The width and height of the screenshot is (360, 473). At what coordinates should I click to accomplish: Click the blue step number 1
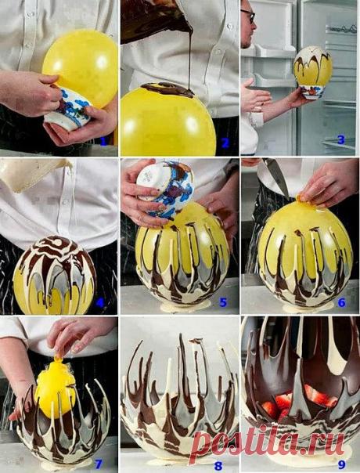click(104, 141)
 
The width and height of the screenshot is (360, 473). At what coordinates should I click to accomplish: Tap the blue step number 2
click(225, 143)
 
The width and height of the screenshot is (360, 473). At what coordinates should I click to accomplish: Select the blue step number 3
click(341, 140)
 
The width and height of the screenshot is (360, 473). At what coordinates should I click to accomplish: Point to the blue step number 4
click(100, 302)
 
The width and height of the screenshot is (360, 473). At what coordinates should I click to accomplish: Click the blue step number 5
click(223, 302)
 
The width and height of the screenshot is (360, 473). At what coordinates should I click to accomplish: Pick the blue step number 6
click(341, 302)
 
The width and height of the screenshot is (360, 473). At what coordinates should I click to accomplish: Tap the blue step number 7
click(99, 464)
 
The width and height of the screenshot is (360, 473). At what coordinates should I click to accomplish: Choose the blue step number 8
click(218, 466)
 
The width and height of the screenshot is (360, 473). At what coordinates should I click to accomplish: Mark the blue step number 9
click(341, 464)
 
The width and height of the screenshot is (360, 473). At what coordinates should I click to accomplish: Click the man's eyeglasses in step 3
click(248, 15)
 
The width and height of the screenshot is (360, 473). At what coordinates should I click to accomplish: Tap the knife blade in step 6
click(276, 176)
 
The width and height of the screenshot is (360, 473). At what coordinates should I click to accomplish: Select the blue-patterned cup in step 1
click(68, 109)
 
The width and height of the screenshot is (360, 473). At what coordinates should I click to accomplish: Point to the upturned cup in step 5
click(165, 190)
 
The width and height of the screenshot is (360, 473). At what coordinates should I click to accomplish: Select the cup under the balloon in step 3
click(311, 92)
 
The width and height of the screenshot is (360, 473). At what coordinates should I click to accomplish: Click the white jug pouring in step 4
click(33, 174)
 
